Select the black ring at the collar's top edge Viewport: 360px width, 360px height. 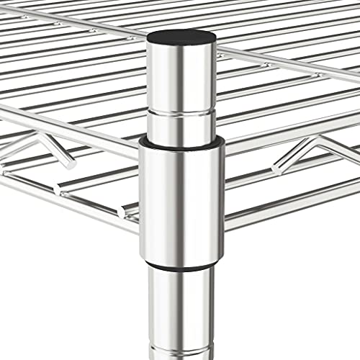[x=181, y=143]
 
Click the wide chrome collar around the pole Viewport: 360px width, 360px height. [x=181, y=202]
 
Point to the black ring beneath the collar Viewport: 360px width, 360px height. [x=181, y=266]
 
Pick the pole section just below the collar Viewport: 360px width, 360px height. [x=181, y=302]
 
